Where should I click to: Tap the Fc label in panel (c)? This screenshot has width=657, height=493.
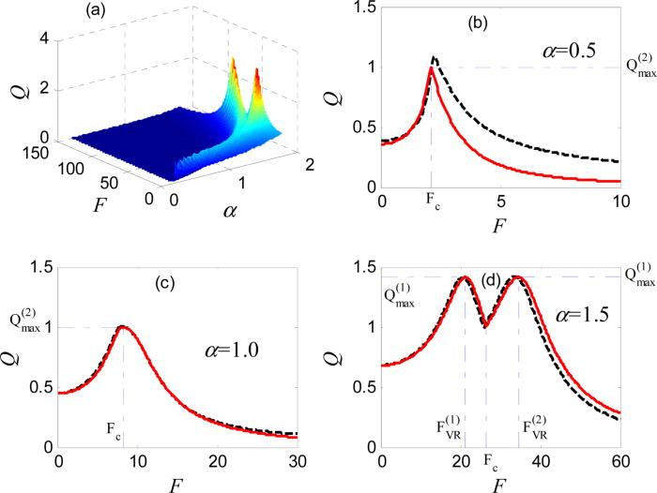coord(112,434)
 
